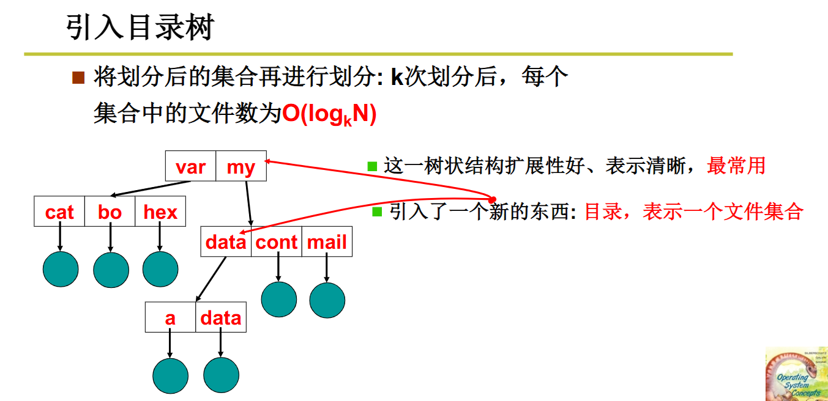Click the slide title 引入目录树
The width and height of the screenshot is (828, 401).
coord(140,28)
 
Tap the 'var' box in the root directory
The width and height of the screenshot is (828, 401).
coord(190,166)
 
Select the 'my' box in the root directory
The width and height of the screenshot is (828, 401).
coord(241,166)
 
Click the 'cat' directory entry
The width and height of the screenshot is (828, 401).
coord(59,212)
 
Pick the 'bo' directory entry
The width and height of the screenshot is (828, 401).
coord(110,212)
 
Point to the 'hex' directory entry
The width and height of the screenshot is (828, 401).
coord(160,212)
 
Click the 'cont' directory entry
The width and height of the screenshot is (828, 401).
coord(277,242)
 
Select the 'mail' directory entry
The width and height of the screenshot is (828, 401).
coord(327,242)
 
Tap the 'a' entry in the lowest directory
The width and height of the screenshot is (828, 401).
coord(170,317)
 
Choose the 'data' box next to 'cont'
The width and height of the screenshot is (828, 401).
coord(226,242)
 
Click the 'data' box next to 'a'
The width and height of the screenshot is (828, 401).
coord(221,317)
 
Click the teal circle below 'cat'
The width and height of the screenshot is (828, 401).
coord(61,269)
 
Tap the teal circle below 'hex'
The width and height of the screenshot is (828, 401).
coord(160,269)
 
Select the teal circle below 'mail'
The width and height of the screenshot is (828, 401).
coord(327,300)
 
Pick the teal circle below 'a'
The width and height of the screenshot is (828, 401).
coord(170,375)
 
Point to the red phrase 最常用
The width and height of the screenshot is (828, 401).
coord(736,165)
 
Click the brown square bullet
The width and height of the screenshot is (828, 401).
coord(78,78)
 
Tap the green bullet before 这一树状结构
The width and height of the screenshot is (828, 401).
coord(371,166)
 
